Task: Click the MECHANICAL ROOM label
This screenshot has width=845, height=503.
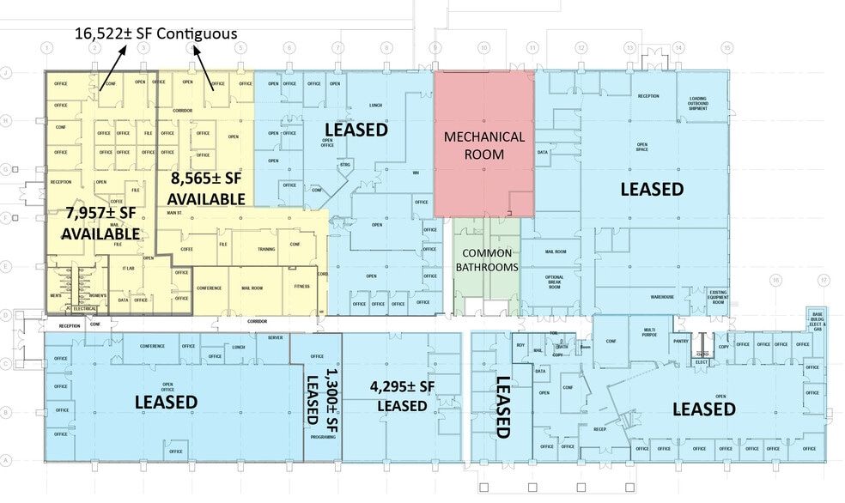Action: [x=483, y=145]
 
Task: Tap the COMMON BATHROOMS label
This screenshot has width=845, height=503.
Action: [x=488, y=260]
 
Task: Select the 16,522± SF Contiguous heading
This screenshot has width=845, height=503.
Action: [x=156, y=33]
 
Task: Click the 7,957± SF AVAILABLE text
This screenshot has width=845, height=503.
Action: [x=100, y=224]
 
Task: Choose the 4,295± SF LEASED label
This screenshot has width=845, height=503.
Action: [x=402, y=396]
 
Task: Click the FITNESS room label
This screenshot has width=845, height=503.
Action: [x=301, y=288]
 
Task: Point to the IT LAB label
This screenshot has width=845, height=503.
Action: [x=129, y=270]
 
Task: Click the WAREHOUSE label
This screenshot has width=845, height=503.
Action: [x=662, y=296]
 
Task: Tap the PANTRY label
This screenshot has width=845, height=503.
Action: [x=682, y=341]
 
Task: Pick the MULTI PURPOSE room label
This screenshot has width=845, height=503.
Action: [x=649, y=332]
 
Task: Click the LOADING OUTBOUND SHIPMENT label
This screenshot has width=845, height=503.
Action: [x=697, y=104]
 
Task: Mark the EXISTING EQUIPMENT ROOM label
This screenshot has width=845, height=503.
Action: [x=718, y=297]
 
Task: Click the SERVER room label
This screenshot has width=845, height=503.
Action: [x=276, y=338]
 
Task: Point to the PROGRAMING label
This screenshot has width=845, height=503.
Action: [x=324, y=437]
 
